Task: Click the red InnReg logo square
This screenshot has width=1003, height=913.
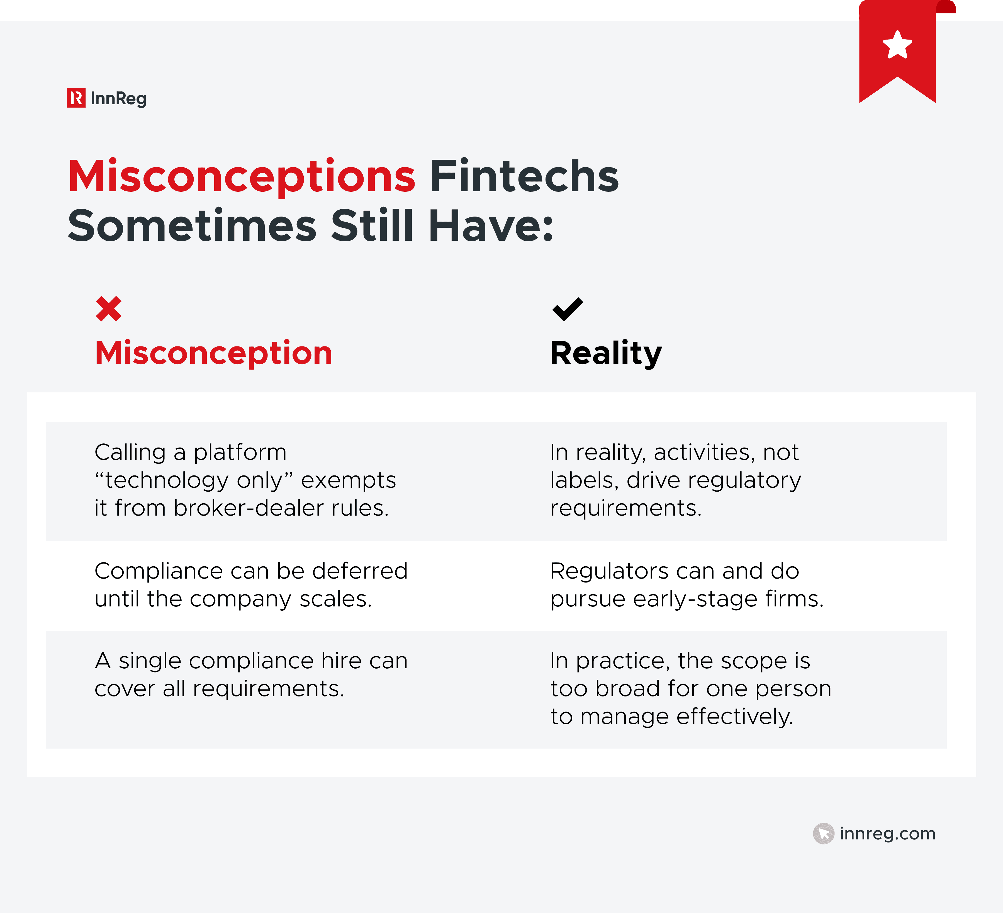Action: [76, 98]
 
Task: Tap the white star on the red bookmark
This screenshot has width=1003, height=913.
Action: [897, 45]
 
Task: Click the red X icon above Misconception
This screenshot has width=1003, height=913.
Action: [108, 309]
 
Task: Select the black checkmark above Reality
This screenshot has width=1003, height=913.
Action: [567, 309]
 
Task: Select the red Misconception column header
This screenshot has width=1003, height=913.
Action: [213, 353]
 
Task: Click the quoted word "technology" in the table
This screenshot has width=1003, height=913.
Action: [167, 481]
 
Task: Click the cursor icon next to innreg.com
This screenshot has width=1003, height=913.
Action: [823, 833]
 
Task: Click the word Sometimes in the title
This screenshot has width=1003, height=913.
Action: [192, 226]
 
